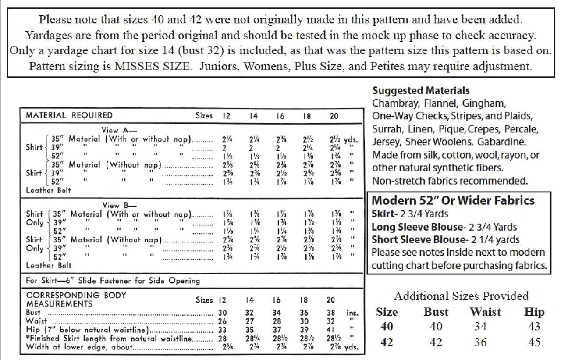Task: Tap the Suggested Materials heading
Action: pyautogui.click(x=421, y=91)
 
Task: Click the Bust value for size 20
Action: pyautogui.click(x=331, y=313)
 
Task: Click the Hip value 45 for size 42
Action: pyautogui.click(x=534, y=342)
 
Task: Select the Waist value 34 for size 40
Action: pyautogui.click(x=480, y=327)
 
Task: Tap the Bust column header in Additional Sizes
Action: pyautogui.click(x=436, y=312)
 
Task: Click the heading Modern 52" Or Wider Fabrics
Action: pyautogui.click(x=453, y=201)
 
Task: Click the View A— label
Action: pyautogui.click(x=119, y=130)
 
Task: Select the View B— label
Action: pyautogui.click(x=119, y=205)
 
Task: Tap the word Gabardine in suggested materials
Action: pyautogui.click(x=504, y=143)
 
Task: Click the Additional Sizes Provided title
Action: pyautogui.click(x=461, y=296)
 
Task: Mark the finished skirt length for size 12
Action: pyautogui.click(x=222, y=339)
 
